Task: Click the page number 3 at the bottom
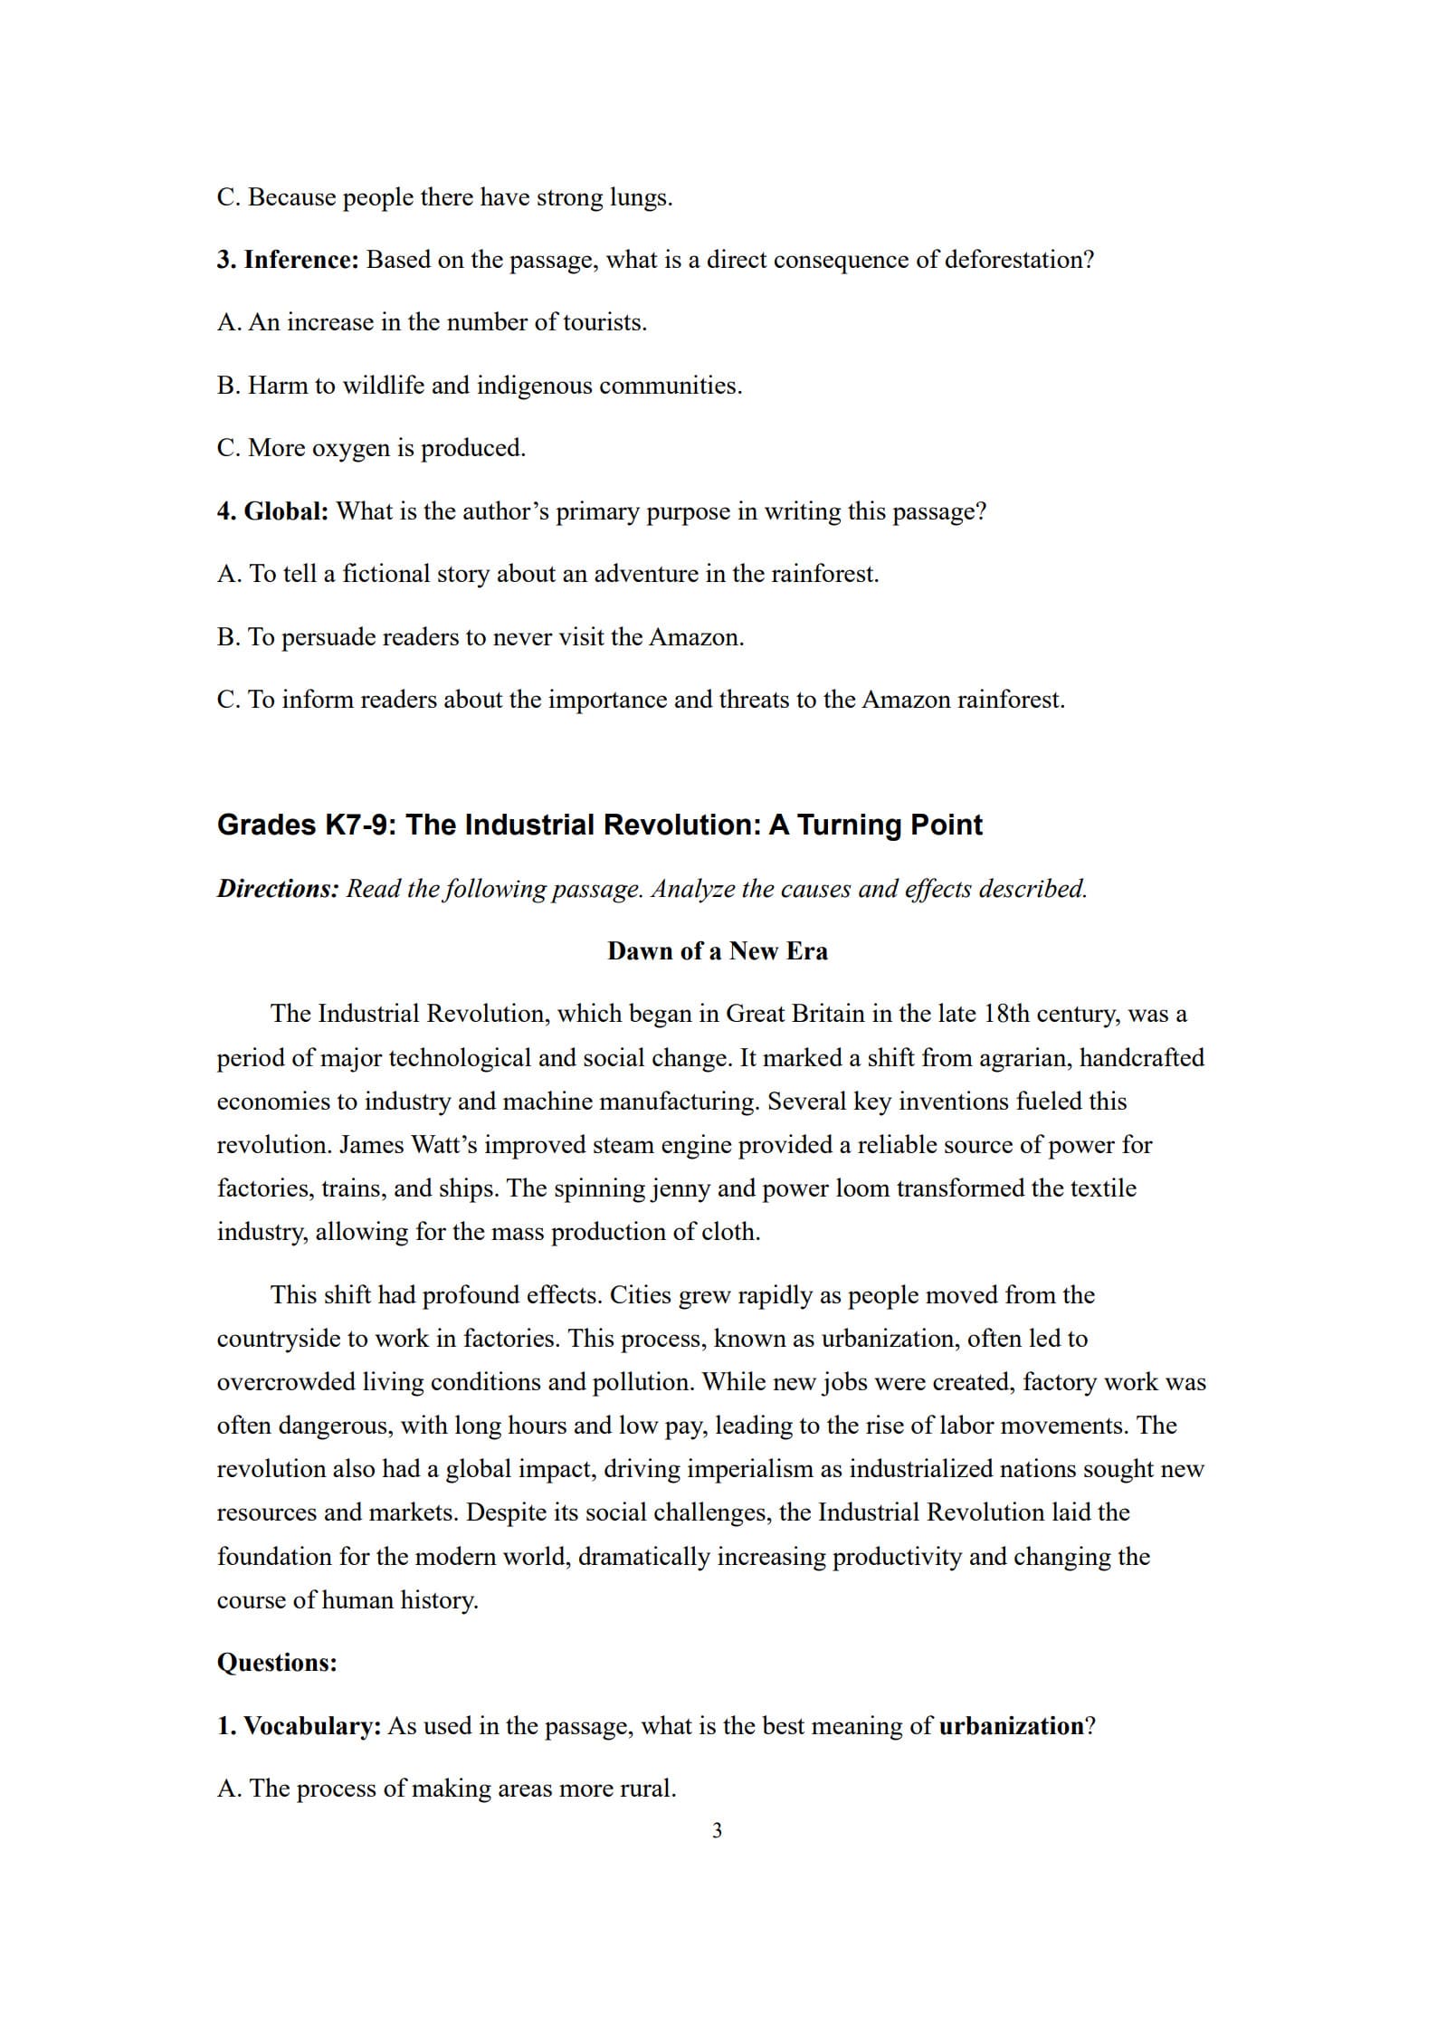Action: click(717, 1831)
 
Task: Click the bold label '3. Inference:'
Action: click(288, 260)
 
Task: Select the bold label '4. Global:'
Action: click(272, 511)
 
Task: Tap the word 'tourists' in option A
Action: click(603, 322)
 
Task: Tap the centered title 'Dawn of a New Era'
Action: click(717, 951)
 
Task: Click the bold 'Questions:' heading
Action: click(277, 1663)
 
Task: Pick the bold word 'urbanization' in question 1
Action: click(1011, 1726)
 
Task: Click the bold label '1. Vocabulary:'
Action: click(299, 1726)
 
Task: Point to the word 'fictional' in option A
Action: click(385, 574)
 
